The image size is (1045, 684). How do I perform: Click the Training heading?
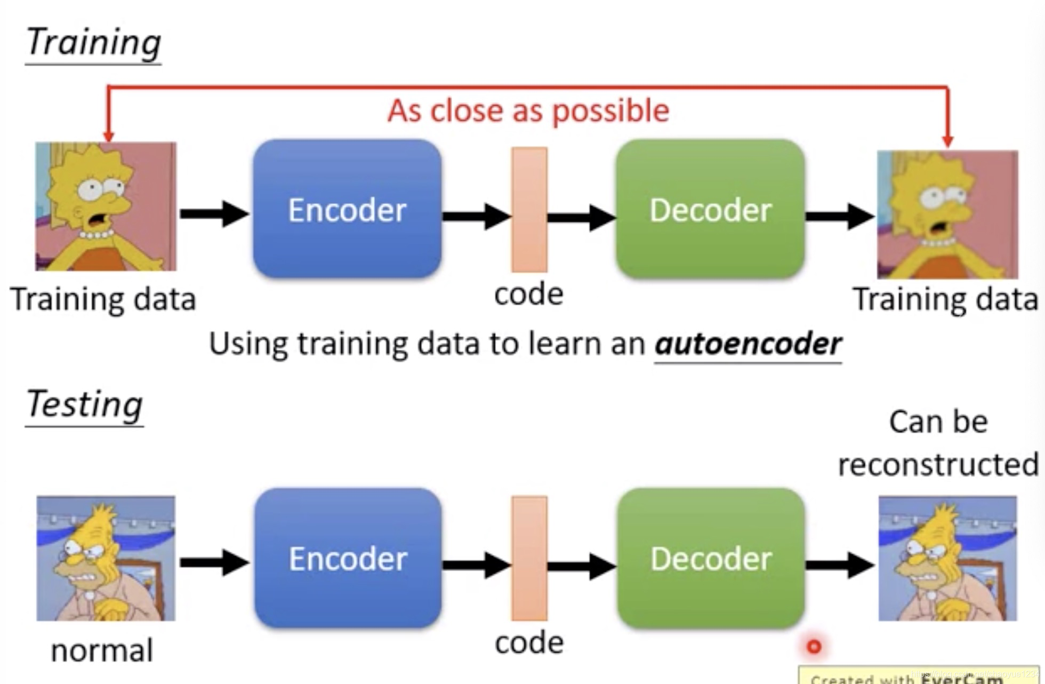tap(93, 43)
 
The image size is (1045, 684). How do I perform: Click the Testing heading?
tap(84, 404)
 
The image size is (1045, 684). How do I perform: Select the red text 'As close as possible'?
tap(528, 111)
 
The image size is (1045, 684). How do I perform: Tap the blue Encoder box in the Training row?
tap(347, 209)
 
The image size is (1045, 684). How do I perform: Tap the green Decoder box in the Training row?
tap(710, 209)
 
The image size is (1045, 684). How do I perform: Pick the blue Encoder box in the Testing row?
tap(348, 558)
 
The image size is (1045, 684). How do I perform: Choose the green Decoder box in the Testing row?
tap(711, 558)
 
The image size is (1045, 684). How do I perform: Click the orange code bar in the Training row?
tap(529, 209)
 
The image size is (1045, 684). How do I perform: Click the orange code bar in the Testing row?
tap(529, 558)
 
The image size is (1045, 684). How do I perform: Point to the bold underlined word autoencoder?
tap(747, 343)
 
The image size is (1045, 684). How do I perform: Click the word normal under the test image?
tap(101, 650)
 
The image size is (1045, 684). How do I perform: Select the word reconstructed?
tap(938, 464)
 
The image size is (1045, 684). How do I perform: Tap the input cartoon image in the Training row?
tap(106, 206)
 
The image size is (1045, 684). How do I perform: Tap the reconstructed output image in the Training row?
tap(947, 214)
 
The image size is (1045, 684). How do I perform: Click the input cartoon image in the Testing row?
tap(106, 558)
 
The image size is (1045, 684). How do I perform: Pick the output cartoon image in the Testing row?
tap(947, 558)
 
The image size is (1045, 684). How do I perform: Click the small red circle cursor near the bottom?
tap(814, 647)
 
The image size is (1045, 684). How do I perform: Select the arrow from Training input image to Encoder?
tap(214, 214)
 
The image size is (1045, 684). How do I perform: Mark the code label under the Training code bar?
tap(528, 294)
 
